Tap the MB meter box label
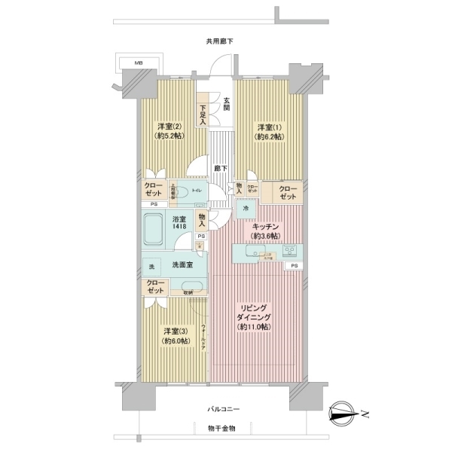[138, 64]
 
